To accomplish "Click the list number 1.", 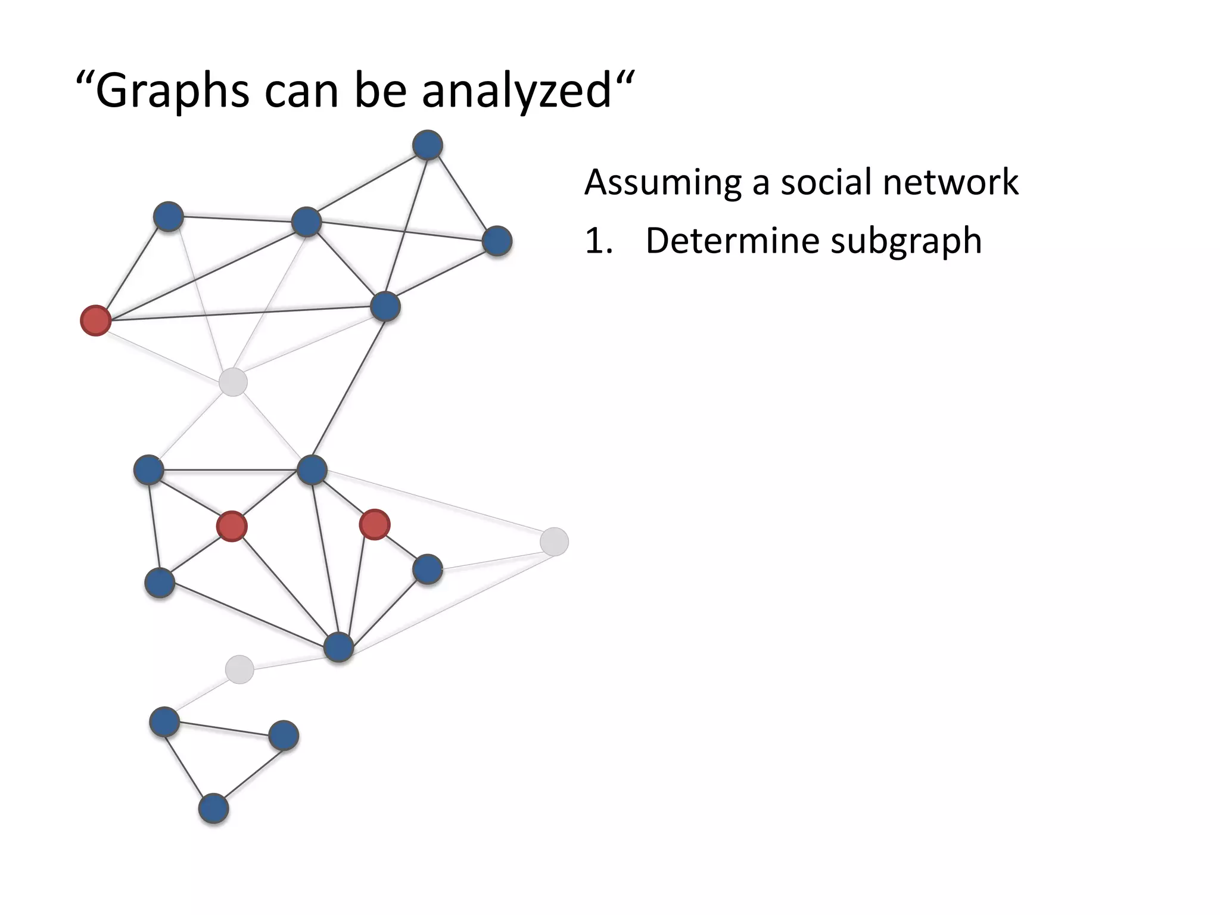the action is tap(597, 242).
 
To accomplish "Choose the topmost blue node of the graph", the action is tap(428, 145).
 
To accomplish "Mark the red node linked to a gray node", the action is tap(96, 320).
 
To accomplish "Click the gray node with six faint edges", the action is tap(233, 382).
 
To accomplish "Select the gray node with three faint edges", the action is tap(554, 541).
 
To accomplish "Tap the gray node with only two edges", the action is tap(239, 669).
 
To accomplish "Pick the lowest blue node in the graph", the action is tap(213, 808).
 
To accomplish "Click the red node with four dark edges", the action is tap(232, 526).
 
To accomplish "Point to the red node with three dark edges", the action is tap(375, 525).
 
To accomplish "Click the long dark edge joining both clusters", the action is tap(348, 388).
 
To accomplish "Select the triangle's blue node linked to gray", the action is tap(164, 721).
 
